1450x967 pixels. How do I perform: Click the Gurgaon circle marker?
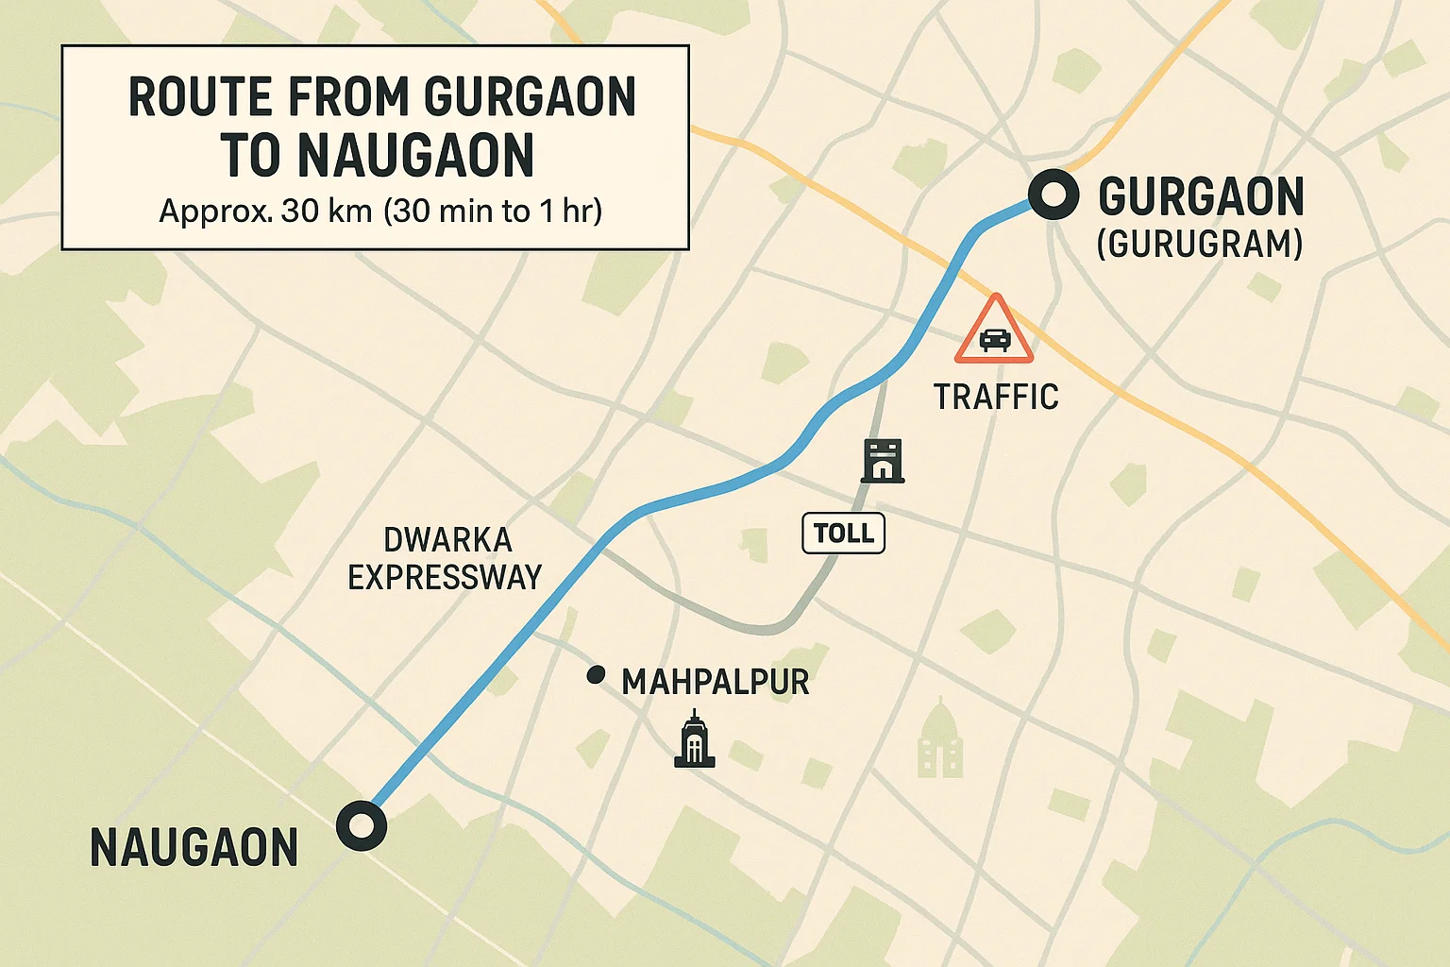click(1053, 195)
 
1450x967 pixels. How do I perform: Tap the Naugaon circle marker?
click(362, 826)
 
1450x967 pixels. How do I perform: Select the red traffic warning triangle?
click(994, 331)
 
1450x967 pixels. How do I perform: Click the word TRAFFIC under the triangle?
click(996, 397)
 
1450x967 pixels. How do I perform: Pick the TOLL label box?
click(843, 534)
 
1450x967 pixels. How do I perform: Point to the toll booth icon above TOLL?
click(883, 461)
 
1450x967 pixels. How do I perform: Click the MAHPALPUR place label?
click(715, 682)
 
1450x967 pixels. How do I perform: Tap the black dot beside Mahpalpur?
click(596, 675)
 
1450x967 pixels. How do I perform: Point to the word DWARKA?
click(447, 540)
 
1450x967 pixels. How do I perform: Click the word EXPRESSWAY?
click(445, 577)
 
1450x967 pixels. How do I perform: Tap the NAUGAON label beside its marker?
click(194, 847)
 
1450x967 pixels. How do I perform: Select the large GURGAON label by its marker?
click(1201, 196)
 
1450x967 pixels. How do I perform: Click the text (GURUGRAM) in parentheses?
click(1200, 245)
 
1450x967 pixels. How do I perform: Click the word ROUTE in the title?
click(202, 97)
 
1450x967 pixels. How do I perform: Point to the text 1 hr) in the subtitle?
click(571, 211)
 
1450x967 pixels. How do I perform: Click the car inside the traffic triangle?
click(994, 340)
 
